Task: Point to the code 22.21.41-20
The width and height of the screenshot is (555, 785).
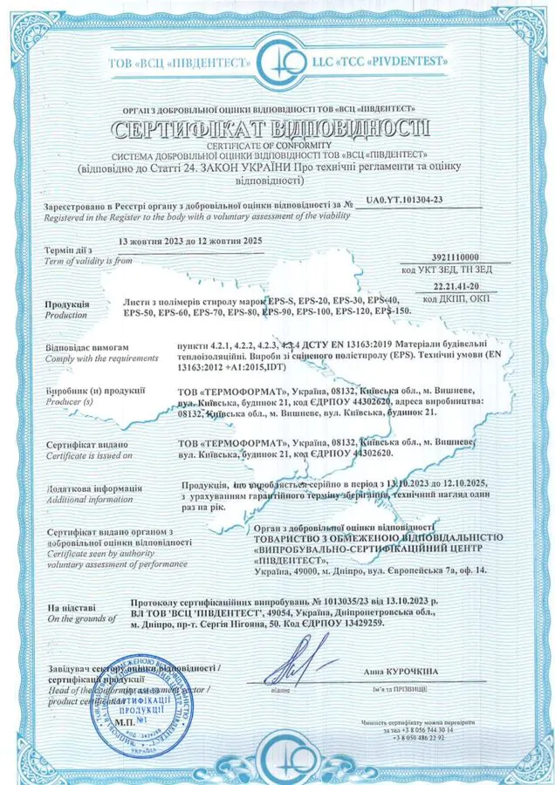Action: pyautogui.click(x=458, y=286)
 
